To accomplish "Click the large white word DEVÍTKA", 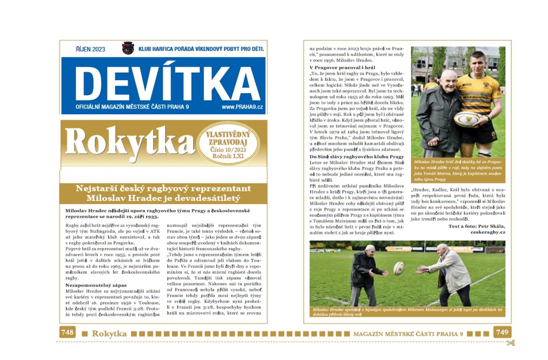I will point(163,83).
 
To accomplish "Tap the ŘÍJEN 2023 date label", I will point(90,49).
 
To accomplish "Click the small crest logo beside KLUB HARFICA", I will point(128,48).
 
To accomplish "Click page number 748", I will point(68,333).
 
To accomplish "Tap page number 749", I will point(502,333).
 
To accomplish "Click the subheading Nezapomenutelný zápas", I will point(89,286).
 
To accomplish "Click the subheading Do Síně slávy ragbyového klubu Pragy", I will point(357,156).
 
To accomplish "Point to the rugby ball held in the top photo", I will point(466,119).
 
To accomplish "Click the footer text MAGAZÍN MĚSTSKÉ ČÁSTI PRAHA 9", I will point(408,334).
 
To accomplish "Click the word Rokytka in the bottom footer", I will point(109,334).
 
